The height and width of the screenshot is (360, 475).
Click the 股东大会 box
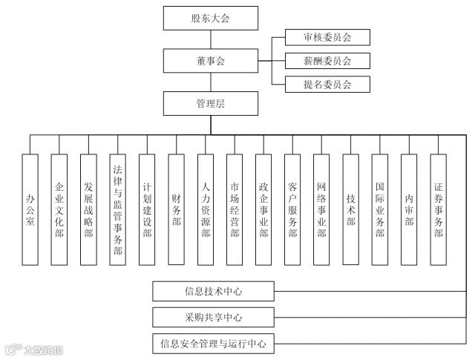click(210, 17)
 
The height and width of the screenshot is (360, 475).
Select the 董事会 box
click(210, 60)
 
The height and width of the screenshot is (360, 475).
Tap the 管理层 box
click(210, 103)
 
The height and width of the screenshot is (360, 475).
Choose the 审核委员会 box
click(327, 37)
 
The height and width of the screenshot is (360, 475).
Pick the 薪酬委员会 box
click(327, 60)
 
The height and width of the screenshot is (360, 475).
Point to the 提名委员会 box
click(327, 83)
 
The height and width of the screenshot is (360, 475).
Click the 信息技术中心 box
click(214, 290)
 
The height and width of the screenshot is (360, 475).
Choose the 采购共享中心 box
click(214, 317)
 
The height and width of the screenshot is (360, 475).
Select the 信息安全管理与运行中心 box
click(214, 344)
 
